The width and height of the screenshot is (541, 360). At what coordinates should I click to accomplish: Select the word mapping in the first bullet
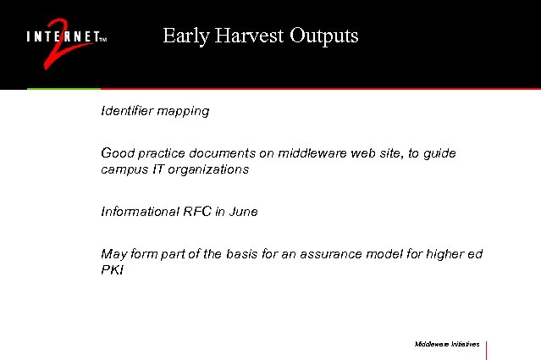point(185,112)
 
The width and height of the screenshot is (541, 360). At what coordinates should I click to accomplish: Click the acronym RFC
point(196,212)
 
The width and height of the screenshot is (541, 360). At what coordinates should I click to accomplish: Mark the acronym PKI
point(113,270)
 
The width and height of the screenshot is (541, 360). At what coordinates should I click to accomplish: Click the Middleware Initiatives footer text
point(447,345)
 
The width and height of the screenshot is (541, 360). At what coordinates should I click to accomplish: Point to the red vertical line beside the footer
point(487,350)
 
